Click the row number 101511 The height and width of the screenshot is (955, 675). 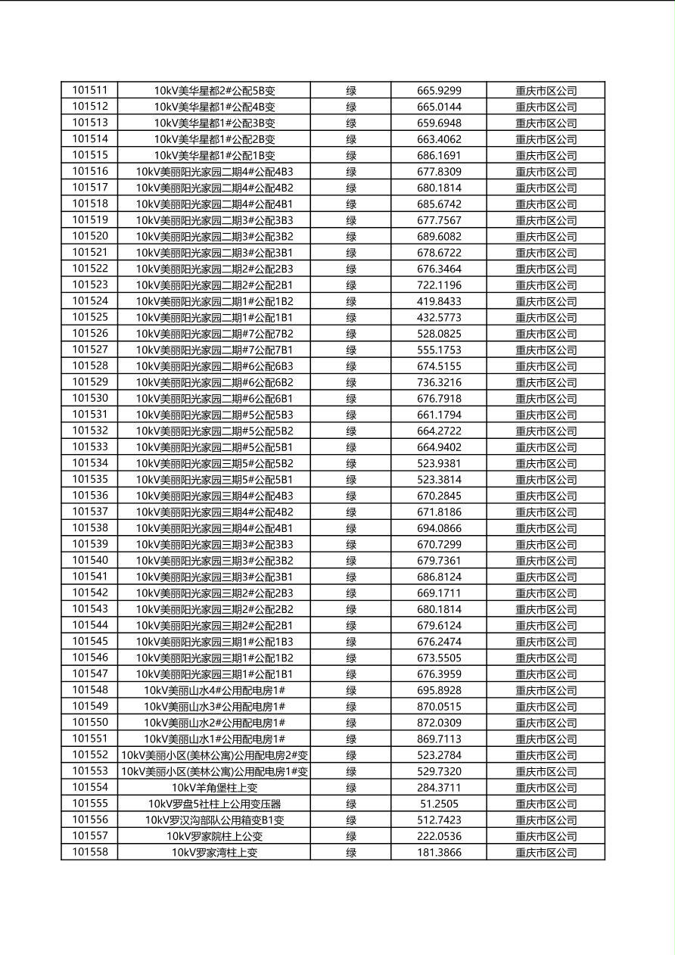(90, 90)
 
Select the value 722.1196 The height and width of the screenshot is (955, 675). (439, 285)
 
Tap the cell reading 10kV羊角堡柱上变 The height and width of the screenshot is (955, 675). (214, 788)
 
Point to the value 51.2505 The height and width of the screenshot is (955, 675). (439, 804)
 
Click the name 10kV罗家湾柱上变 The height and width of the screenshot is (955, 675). (214, 853)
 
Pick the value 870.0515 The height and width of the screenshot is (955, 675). (439, 707)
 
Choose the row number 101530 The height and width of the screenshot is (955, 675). (90, 399)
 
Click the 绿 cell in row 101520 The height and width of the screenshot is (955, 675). (351, 236)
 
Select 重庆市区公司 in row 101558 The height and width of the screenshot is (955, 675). (546, 853)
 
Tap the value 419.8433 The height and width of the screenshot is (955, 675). (439, 301)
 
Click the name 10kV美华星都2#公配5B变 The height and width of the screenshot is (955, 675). (214, 91)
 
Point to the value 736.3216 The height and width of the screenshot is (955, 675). (439, 382)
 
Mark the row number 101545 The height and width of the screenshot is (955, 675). (90, 642)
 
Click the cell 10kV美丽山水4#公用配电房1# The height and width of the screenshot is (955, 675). (214, 690)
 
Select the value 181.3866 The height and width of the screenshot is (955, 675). (439, 853)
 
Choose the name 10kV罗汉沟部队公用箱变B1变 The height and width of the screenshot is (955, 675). (214, 820)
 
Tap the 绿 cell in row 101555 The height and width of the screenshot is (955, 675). (351, 804)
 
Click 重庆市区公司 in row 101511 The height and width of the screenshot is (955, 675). (546, 91)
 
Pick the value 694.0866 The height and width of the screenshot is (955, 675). (439, 528)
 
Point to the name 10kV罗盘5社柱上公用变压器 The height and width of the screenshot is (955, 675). (214, 804)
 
